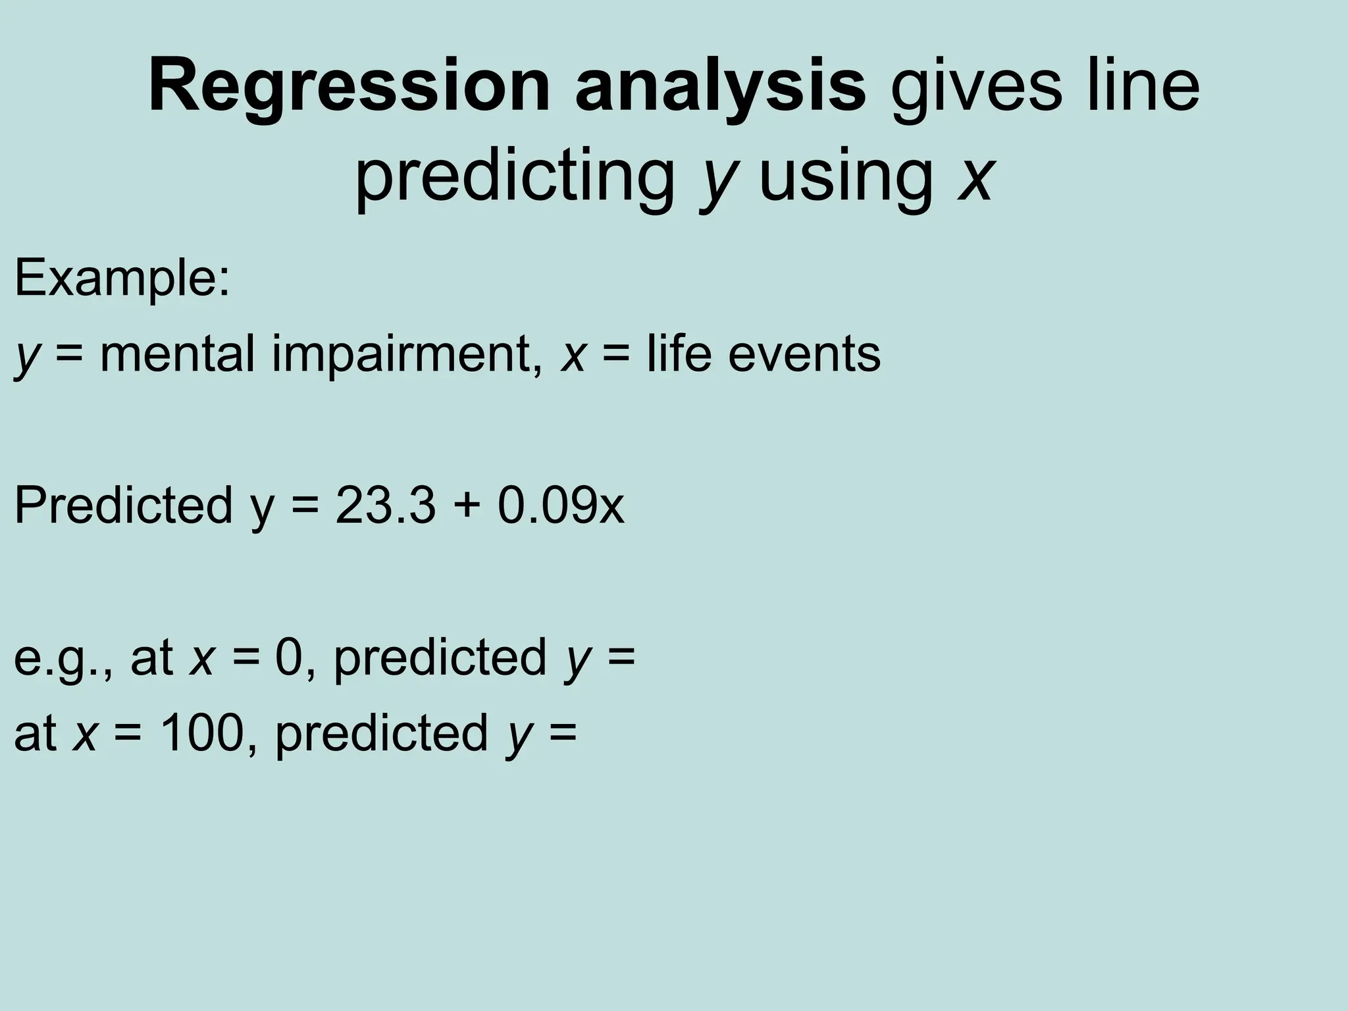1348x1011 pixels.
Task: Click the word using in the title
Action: [x=846, y=176]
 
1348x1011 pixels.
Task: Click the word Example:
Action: [x=122, y=278]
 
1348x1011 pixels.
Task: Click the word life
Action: [x=679, y=353]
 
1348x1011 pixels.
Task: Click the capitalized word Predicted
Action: [x=124, y=505]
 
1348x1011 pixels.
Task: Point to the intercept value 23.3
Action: [x=385, y=505]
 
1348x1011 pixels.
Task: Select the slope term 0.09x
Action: [x=560, y=505]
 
